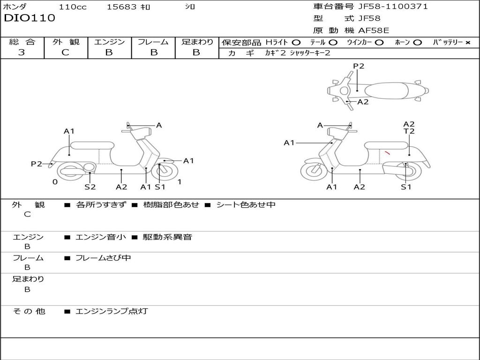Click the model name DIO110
click(30, 18)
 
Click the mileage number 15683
click(122, 7)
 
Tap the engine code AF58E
click(374, 30)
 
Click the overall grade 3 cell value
click(22, 52)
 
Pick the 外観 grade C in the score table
click(65, 52)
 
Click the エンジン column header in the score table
click(109, 42)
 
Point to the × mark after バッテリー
click(467, 43)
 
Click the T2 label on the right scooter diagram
click(409, 132)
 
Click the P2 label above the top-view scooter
click(359, 66)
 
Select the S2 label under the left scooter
click(90, 187)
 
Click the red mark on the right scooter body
click(387, 152)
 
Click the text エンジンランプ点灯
click(112, 311)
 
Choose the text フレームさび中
click(103, 258)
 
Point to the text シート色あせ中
click(246, 205)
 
